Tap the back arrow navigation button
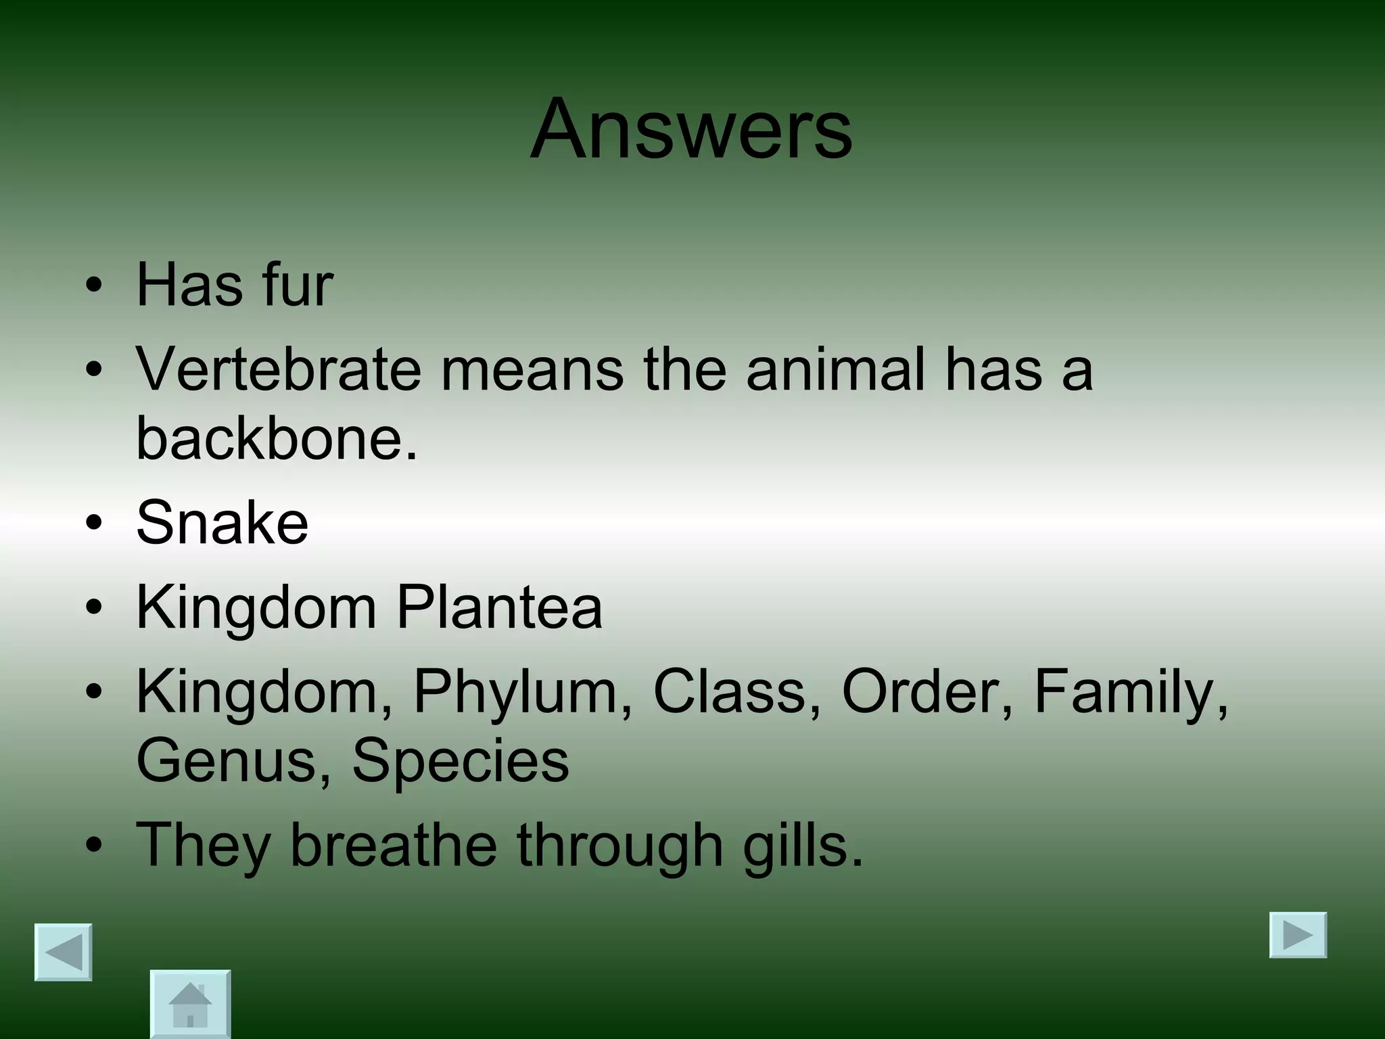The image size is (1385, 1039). click(x=64, y=952)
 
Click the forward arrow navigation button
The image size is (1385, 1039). click(x=1298, y=936)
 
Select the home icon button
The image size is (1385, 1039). click(x=190, y=1004)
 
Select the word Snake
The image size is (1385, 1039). click(x=222, y=522)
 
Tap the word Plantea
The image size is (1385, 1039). click(x=498, y=607)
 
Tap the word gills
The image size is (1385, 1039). click(x=802, y=846)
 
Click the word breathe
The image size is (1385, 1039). click(x=393, y=846)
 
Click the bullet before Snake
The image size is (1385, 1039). click(x=95, y=523)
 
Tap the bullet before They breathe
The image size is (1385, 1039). click(x=95, y=846)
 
